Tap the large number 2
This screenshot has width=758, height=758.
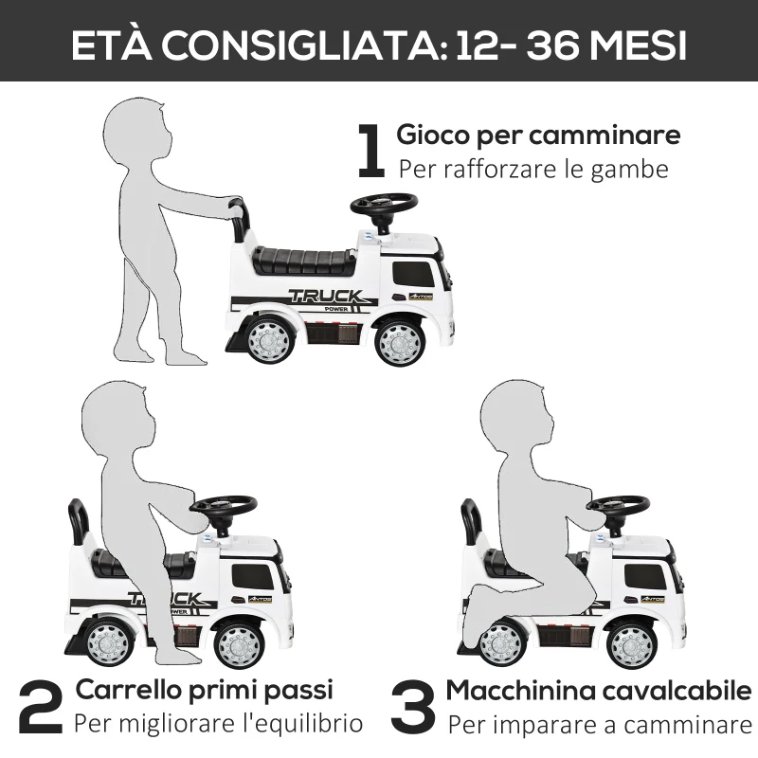point(41,708)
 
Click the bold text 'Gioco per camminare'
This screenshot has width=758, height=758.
point(538,135)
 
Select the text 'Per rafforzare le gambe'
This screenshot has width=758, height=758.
point(533,170)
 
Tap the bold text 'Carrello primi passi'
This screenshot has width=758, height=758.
point(205,689)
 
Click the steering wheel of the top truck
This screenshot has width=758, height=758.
point(384,205)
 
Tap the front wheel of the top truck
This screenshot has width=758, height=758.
point(399,343)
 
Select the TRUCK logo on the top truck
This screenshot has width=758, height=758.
point(324,296)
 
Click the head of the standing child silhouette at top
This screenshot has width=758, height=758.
point(140,132)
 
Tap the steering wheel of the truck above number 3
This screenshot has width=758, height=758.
point(617,504)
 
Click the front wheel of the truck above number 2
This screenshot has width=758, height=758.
point(237,644)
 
